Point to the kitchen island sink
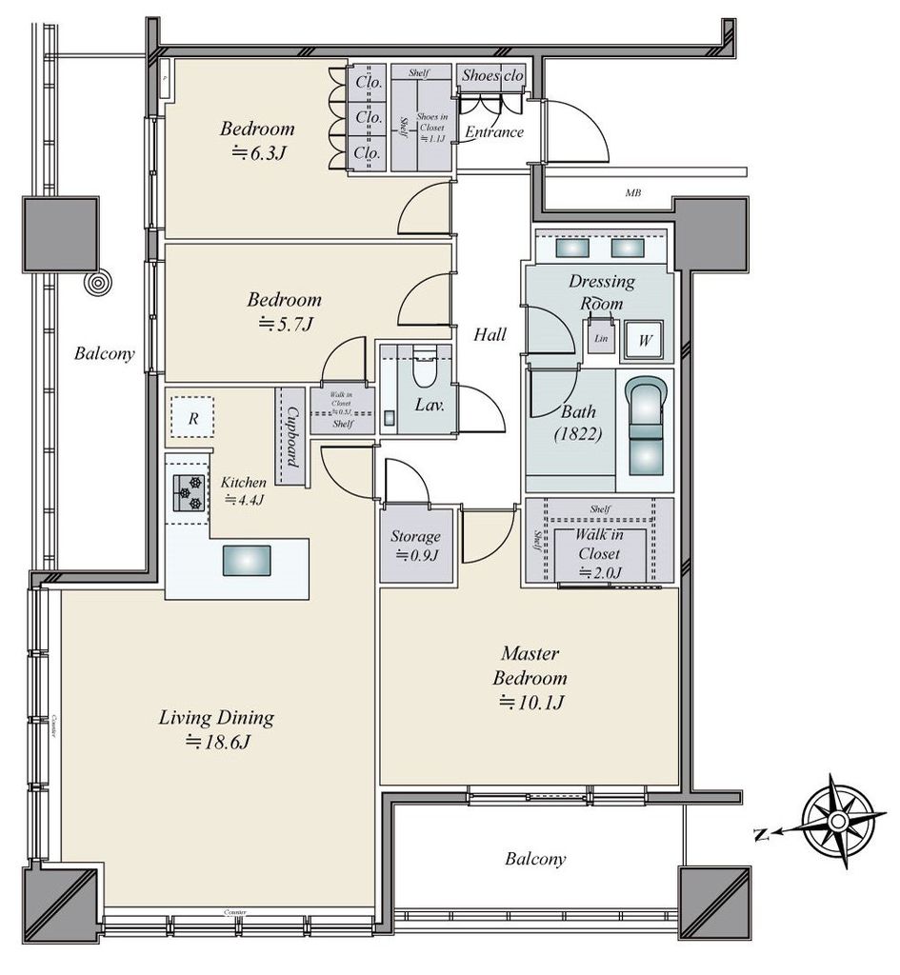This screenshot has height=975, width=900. coord(247,560)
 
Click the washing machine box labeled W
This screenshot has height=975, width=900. coord(645,340)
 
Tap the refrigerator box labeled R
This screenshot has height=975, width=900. coord(192,417)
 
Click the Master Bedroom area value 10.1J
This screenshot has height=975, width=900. coord(531,704)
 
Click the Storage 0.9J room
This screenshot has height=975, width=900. coord(415,547)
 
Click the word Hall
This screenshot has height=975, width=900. coord(490,334)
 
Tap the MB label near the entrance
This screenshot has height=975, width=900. coord(632,193)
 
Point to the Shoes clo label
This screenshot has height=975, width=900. coord(491,75)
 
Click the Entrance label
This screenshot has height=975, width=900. coord(493,132)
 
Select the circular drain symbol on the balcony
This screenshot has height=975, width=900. coord(97,284)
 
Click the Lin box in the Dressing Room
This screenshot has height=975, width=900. coord(600,339)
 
